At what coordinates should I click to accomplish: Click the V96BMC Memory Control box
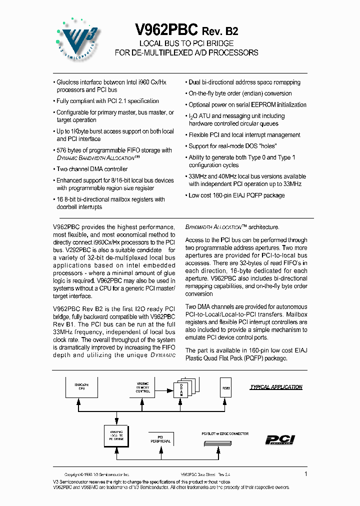(143, 388)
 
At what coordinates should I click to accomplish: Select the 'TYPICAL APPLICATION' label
(276, 387)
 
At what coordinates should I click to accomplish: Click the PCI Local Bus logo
(280, 439)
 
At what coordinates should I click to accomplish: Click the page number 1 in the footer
(305, 473)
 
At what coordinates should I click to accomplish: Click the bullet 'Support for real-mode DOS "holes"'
(232, 146)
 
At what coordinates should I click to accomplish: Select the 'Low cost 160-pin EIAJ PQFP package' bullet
(236, 195)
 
